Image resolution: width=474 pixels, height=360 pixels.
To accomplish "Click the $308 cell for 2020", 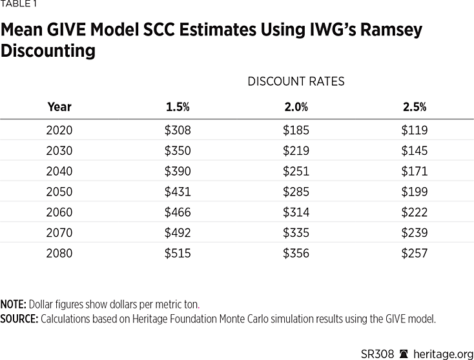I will tap(178, 130).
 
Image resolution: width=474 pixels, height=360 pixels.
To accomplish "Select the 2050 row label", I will tap(59, 192).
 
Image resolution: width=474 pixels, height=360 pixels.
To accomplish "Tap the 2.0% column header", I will tap(296, 107).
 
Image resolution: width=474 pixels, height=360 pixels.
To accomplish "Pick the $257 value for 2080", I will tap(415, 254).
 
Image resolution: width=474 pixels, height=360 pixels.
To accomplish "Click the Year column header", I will tap(59, 107).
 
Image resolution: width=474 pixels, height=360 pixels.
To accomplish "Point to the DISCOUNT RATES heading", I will tap(296, 81).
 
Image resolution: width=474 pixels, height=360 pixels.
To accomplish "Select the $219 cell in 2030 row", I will tap(296, 151).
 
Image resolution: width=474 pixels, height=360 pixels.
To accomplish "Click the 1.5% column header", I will tap(178, 107).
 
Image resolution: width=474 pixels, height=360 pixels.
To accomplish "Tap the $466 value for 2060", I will tap(178, 212).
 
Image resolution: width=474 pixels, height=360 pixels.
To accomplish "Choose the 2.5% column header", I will tap(415, 107).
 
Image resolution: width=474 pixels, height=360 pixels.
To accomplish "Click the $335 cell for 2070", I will tap(296, 233).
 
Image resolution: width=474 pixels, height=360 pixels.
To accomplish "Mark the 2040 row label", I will tap(59, 172).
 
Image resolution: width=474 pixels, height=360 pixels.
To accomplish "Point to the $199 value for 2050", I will tap(415, 192).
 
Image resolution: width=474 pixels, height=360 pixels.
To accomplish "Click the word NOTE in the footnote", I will tap(12, 304).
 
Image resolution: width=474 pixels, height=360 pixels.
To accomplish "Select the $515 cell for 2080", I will tap(178, 254).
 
